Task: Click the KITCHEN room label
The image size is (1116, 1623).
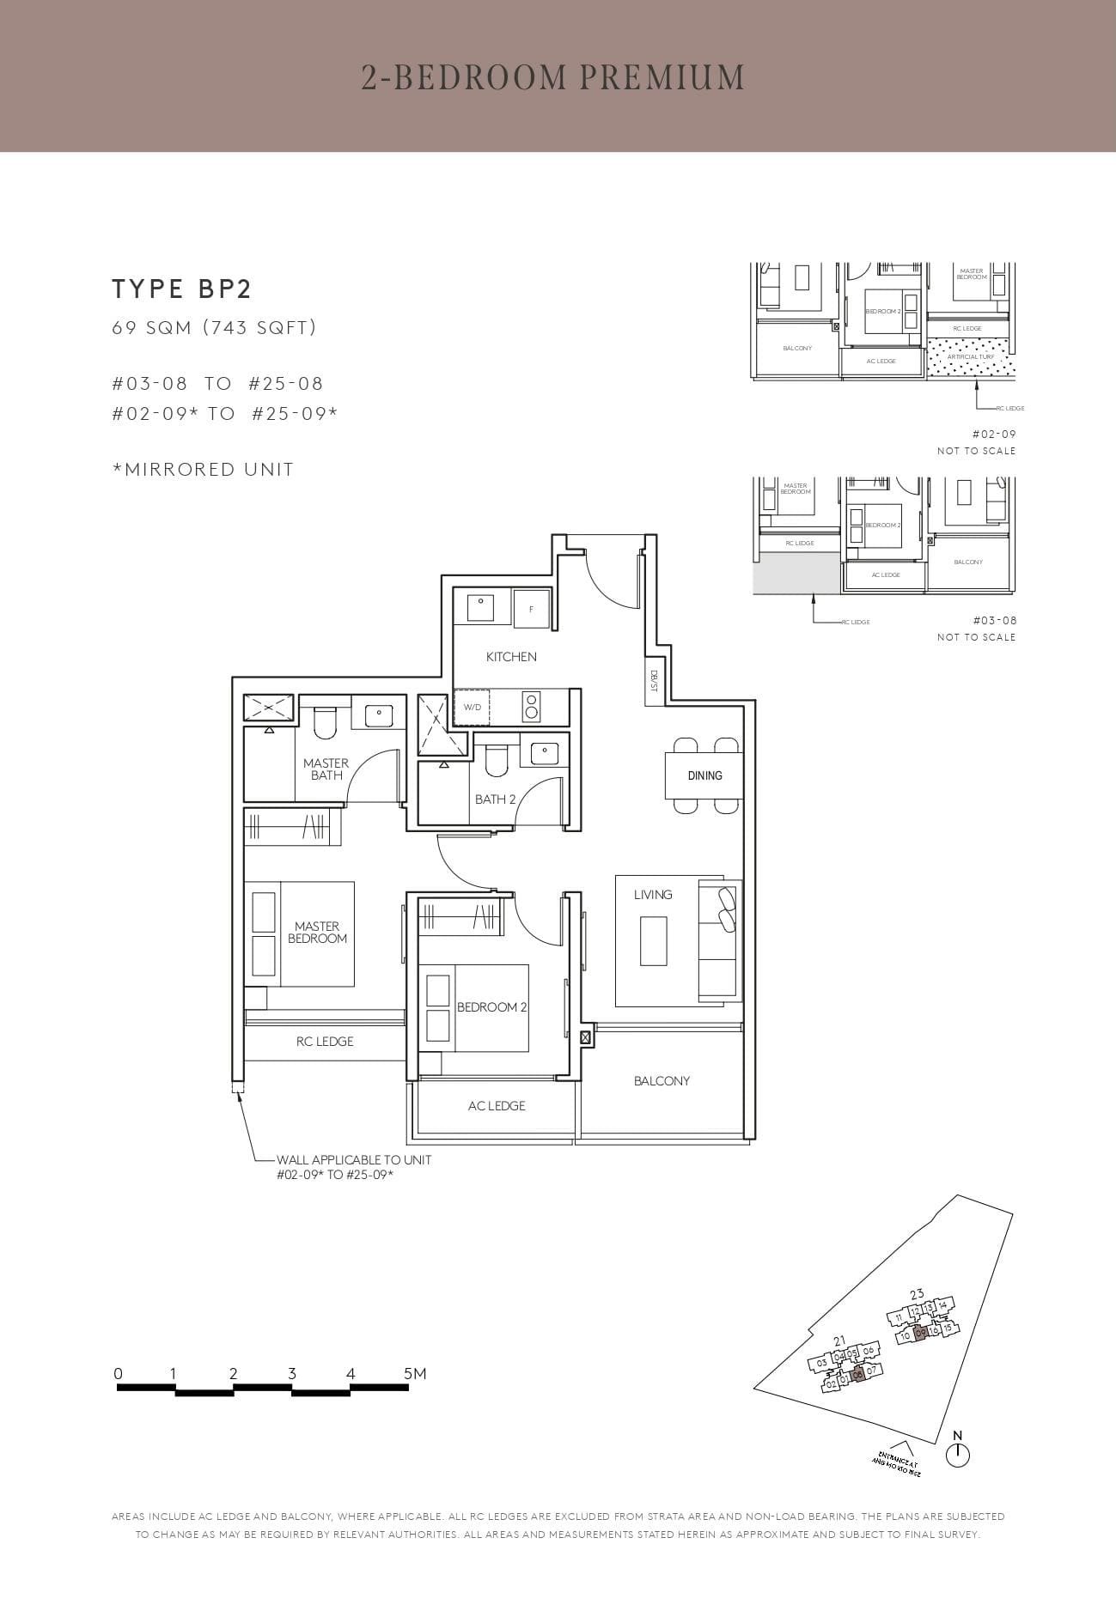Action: coord(511,657)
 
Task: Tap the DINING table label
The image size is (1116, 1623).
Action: coord(704,775)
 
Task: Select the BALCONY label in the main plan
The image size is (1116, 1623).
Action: coord(662,1081)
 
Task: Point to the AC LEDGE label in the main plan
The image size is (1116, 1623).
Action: coord(497,1106)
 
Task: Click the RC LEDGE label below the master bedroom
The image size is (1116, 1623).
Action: coord(325,1042)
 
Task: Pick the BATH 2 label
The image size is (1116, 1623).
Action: coord(495,799)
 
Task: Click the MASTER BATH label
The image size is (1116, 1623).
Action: coord(326,769)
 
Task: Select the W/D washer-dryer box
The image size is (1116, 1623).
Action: coord(472,708)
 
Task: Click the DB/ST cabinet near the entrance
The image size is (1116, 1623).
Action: coord(654,681)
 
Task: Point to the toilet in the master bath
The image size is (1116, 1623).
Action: coord(324,723)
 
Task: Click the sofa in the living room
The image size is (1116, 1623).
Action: coord(719,938)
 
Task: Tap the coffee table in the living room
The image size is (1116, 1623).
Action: coord(653,941)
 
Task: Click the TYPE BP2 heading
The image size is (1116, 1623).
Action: coord(181,289)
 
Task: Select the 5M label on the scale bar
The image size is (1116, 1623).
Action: coord(415,1374)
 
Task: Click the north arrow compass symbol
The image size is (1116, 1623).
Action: coord(957,1455)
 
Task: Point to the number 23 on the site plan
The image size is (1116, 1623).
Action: coord(917,1295)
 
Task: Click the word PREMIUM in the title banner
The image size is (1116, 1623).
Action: coord(662,77)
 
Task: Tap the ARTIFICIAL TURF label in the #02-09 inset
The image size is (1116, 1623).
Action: coord(970,356)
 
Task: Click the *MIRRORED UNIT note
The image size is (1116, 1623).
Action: coord(204,470)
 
